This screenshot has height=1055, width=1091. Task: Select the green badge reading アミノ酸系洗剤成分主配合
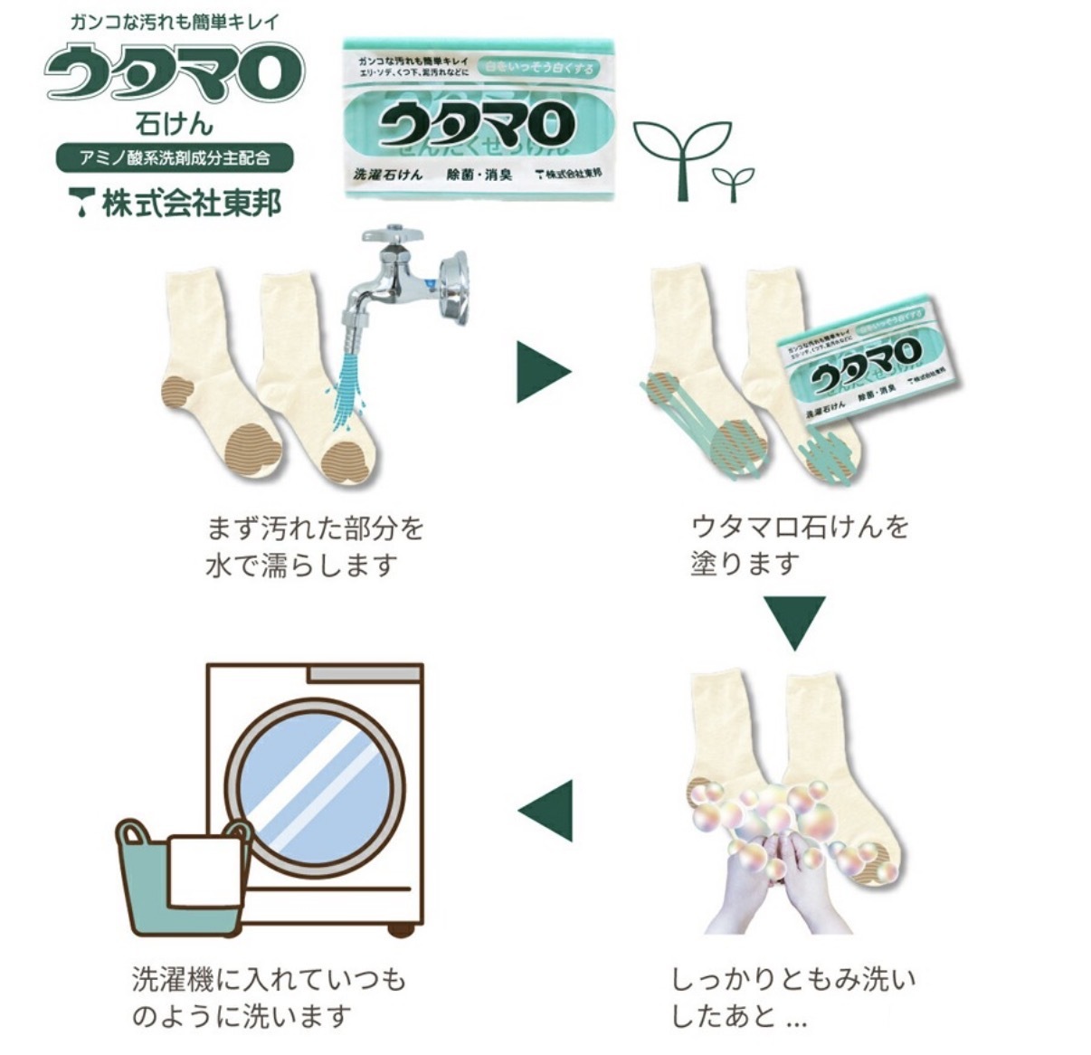point(175,157)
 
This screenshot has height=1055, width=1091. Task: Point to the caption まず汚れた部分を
point(316,527)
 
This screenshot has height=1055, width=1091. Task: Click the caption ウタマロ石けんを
point(800,526)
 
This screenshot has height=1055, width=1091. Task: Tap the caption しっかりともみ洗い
point(793,979)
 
